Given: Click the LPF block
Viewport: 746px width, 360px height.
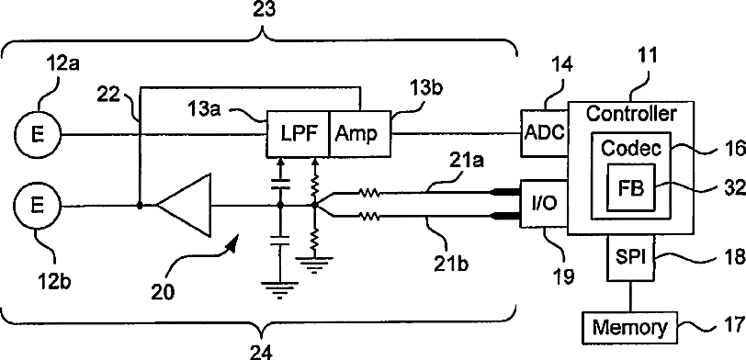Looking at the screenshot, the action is click(x=298, y=135).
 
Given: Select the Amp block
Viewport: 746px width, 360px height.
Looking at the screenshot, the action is click(x=360, y=135).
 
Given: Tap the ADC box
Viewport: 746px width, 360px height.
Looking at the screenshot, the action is click(x=545, y=134).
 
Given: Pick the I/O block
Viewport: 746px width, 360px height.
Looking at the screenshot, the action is click(x=545, y=204).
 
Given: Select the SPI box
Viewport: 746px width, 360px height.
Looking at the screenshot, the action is click(x=631, y=257).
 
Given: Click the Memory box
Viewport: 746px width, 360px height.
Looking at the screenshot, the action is click(x=630, y=328).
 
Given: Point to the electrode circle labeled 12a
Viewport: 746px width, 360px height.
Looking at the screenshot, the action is click(x=38, y=135).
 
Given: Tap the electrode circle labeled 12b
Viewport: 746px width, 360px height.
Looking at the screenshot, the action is click(x=38, y=207).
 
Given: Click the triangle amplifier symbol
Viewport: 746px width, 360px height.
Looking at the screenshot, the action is click(x=184, y=206).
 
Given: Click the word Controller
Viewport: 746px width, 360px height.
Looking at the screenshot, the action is click(x=630, y=114).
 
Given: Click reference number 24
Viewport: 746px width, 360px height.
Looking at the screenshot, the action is click(x=262, y=353).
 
